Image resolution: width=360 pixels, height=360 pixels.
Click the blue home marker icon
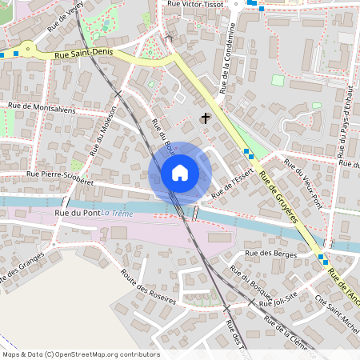180,172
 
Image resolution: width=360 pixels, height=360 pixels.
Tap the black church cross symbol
205,118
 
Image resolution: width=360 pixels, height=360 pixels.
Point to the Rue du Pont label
77,214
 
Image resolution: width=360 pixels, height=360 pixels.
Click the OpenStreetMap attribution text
81,354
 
